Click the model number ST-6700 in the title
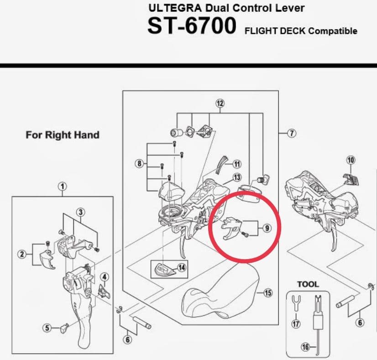click(192, 26)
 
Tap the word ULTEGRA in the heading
click(175, 8)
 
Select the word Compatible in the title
click(333, 31)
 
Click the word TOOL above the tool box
click(308, 284)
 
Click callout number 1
click(63, 187)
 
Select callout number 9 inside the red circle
click(267, 228)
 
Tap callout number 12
click(220, 103)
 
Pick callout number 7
click(292, 133)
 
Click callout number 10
click(351, 160)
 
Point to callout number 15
click(268, 293)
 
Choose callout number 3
click(80, 212)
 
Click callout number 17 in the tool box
click(296, 324)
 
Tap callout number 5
click(47, 328)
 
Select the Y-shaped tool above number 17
click(296, 303)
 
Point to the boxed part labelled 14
click(165, 269)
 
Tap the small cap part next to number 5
click(64, 327)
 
